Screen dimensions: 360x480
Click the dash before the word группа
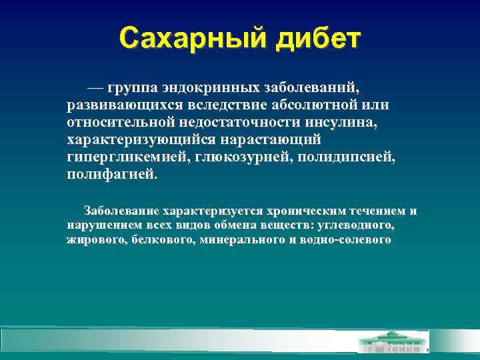click(94, 88)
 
